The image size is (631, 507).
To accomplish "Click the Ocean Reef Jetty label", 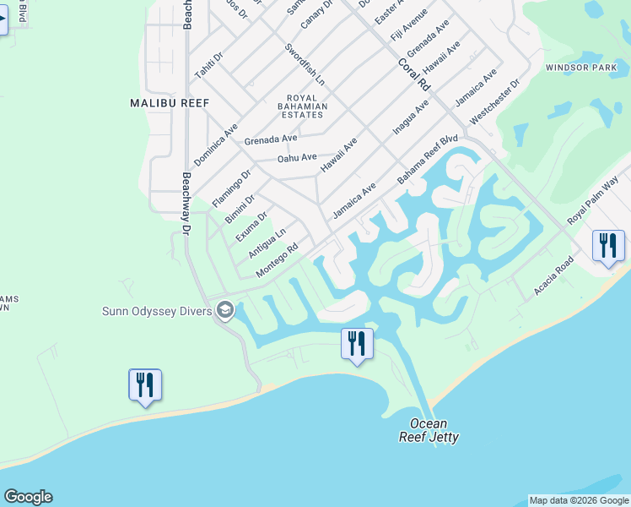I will point(429,430).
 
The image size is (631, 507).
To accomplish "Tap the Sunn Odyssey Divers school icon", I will point(224,310).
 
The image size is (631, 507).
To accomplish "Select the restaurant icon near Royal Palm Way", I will point(608,246).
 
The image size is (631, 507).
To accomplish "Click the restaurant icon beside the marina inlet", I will point(356,344).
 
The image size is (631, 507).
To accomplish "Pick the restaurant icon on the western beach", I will point(144,384).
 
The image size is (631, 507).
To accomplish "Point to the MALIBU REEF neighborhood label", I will point(170,102).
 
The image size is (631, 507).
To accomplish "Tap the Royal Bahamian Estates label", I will point(302,106).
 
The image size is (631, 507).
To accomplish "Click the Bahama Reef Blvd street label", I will point(428,160).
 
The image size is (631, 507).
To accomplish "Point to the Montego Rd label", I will point(278,259).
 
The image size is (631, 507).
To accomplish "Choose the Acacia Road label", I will point(553,278).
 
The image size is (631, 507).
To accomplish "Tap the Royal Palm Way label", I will point(593,200).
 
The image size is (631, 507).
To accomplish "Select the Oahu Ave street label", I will point(297,157).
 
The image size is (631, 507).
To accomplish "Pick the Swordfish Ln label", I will point(304,64).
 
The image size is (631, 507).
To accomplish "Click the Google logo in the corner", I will point(29,497).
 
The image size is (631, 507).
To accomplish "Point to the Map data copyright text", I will point(579,500).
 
